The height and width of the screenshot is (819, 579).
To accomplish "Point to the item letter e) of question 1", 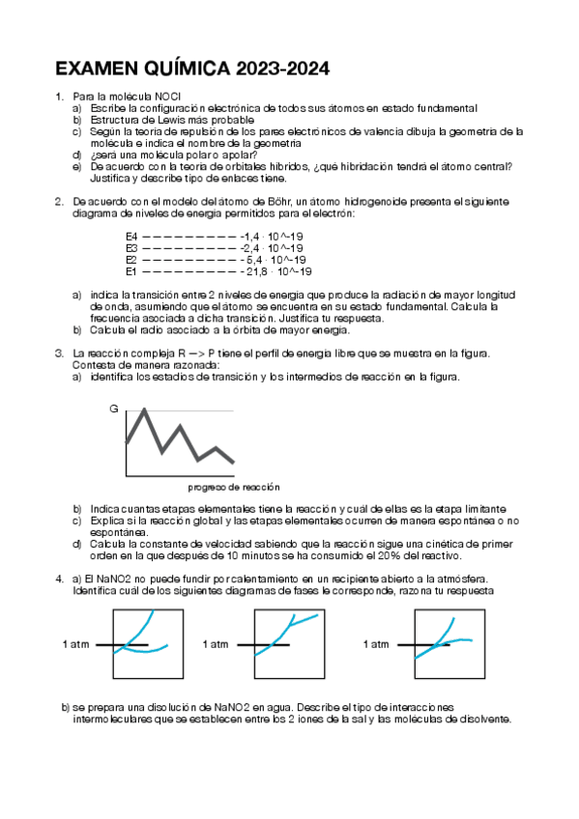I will click(76, 165).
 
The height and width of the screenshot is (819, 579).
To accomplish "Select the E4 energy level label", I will click(131, 237).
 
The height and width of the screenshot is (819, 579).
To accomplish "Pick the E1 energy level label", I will click(131, 271).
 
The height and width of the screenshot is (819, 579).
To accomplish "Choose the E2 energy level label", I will click(131, 260).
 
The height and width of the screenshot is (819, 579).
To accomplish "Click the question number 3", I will click(59, 353).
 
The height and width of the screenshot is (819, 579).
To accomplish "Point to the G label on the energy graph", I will click(113, 409).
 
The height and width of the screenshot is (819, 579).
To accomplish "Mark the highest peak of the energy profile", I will click(144, 409).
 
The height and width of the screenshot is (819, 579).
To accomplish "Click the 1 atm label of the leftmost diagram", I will click(76, 644).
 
